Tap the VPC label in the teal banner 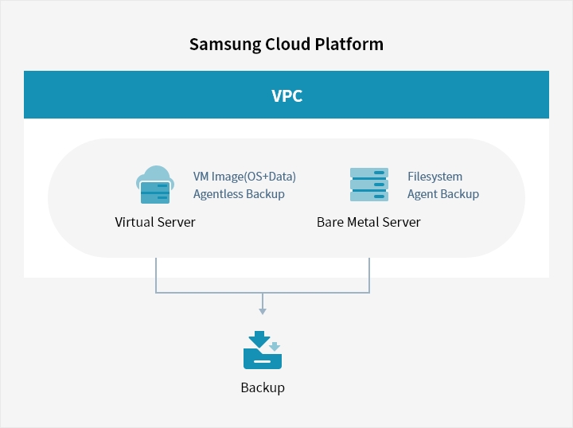pyautogui.click(x=286, y=96)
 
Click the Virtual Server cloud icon pyautogui.click(x=155, y=186)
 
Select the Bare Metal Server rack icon pyautogui.click(x=369, y=185)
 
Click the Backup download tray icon pyautogui.click(x=262, y=351)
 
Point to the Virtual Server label pyautogui.click(x=155, y=222)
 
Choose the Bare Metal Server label pyautogui.click(x=368, y=222)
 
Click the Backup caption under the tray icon pyautogui.click(x=263, y=388)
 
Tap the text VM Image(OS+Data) pyautogui.click(x=244, y=177)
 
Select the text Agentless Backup pyautogui.click(x=239, y=193)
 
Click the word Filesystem pyautogui.click(x=435, y=177)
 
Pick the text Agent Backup pyautogui.click(x=443, y=193)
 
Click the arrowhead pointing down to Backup pyautogui.click(x=263, y=309)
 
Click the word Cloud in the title pyautogui.click(x=284, y=44)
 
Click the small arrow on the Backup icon pyautogui.click(x=275, y=347)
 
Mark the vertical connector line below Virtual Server pyautogui.click(x=156, y=274)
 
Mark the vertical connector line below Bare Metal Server pyautogui.click(x=369, y=274)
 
